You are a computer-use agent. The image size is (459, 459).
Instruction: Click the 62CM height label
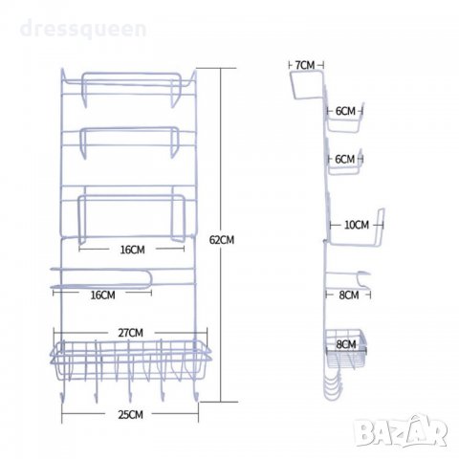tap(222, 240)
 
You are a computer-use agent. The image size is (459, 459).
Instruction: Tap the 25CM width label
tap(130, 415)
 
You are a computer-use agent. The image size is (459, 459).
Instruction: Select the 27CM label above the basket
tap(131, 333)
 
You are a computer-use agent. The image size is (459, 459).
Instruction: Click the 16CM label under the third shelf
tap(132, 250)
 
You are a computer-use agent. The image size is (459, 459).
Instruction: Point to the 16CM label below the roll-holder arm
tap(102, 295)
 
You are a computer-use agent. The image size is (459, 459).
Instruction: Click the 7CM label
tap(305, 65)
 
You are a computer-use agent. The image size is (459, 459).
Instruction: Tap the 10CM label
tap(357, 225)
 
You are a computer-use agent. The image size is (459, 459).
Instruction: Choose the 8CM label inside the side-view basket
tap(346, 344)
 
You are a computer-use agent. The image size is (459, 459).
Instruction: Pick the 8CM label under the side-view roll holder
tap(349, 295)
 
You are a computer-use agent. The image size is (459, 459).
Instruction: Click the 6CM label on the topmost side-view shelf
tap(345, 111)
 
